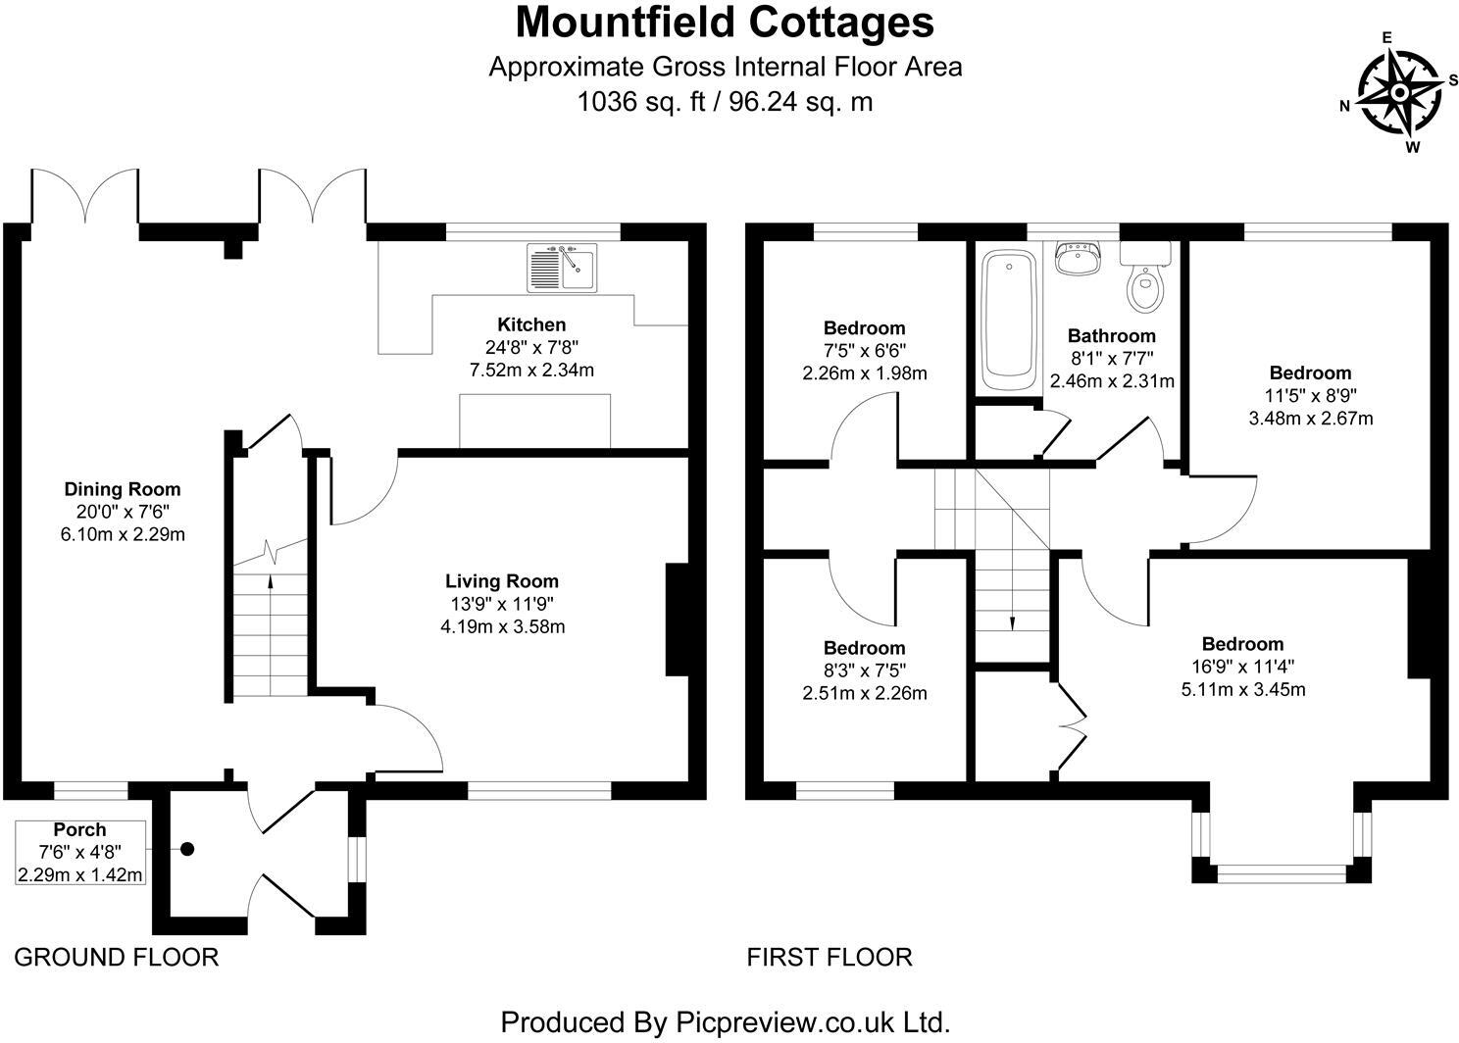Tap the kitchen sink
click(x=561, y=268)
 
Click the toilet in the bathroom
click(x=1143, y=283)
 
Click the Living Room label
click(x=502, y=581)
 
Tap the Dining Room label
click(x=123, y=489)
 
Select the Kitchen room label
click(x=531, y=324)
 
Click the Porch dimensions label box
click(x=81, y=852)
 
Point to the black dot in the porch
click(x=187, y=850)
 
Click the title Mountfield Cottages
click(x=725, y=23)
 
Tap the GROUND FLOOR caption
click(x=116, y=957)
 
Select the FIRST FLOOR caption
click(x=830, y=957)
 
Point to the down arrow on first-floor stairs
click(x=1013, y=621)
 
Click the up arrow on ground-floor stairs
click(x=271, y=581)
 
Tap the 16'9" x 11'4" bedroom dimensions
click(x=1243, y=667)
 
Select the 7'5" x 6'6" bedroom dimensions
click(x=864, y=351)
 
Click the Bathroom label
click(x=1112, y=336)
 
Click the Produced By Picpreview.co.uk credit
click(x=726, y=1022)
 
